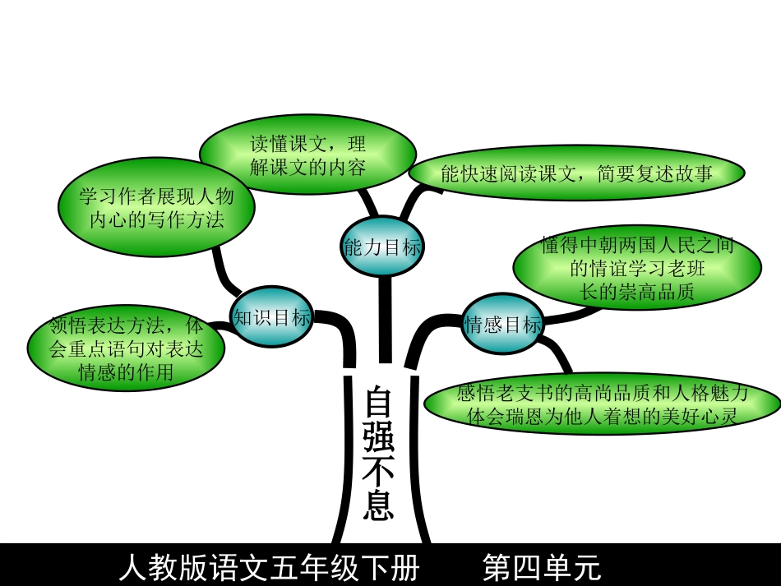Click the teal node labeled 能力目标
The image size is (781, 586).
pyautogui.click(x=381, y=246)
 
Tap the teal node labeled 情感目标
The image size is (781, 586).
pyautogui.click(x=503, y=324)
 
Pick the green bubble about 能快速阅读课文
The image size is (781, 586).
pyautogui.click(x=575, y=173)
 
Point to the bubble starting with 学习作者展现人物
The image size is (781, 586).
pyautogui.click(x=156, y=207)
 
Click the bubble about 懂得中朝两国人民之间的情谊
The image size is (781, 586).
pyautogui.click(x=637, y=269)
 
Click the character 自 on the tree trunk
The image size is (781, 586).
pyautogui.click(x=379, y=403)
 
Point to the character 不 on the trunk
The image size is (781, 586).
pyautogui.click(x=379, y=473)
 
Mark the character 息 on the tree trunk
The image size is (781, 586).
pyautogui.click(x=379, y=505)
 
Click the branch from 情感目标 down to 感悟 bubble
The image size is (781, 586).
pyautogui.click(x=562, y=358)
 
